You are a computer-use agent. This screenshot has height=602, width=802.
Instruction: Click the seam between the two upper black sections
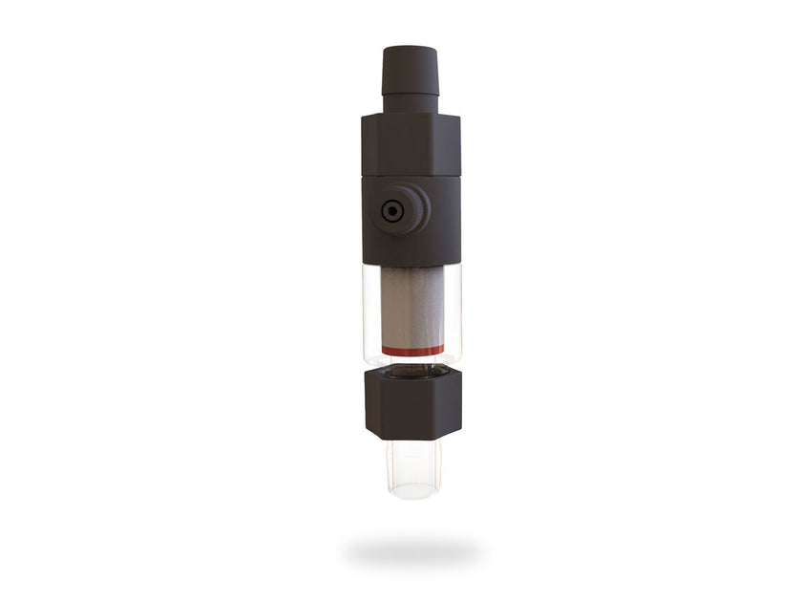(411, 178)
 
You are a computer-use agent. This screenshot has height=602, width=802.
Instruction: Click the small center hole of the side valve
(391, 211)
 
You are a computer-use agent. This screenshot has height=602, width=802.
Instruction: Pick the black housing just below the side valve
(411, 248)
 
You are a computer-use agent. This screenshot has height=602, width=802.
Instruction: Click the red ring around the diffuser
(412, 351)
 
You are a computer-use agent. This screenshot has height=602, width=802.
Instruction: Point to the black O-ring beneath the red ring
(412, 364)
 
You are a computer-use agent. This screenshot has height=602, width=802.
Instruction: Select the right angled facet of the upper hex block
(454, 148)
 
